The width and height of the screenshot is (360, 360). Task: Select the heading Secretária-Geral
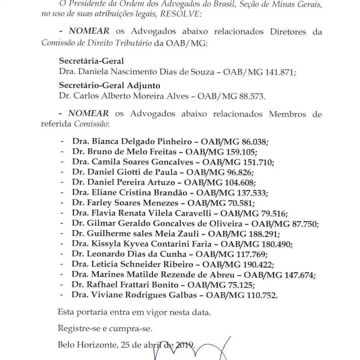91,61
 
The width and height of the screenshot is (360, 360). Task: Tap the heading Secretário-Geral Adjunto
109,86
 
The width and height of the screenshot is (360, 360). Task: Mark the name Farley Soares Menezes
133,203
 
